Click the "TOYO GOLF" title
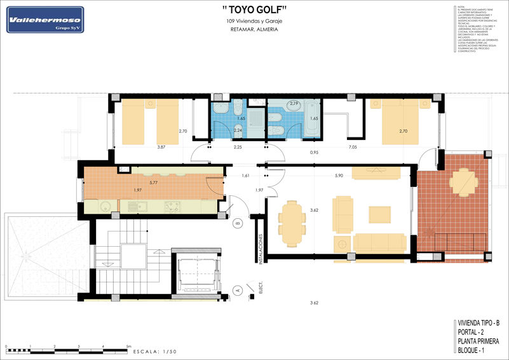coord(255,10)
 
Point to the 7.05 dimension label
coord(353,147)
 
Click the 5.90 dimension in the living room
coord(339,176)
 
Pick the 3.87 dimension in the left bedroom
coord(161,147)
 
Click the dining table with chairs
coord(292,223)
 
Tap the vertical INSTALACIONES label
coord(261,247)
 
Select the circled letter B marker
coord(237,223)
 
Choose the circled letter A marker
coord(238,290)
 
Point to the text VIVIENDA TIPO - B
coord(478,323)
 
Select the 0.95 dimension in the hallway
coord(314,153)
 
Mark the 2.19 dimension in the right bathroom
coord(294,103)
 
